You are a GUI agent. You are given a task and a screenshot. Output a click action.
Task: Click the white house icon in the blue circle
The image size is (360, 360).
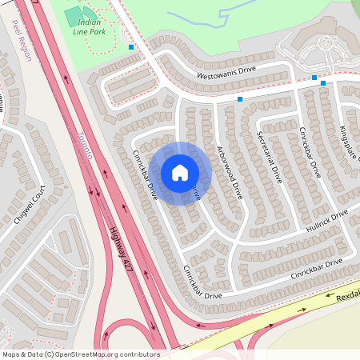180,173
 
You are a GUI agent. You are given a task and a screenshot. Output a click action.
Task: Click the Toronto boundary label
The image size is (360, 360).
86,144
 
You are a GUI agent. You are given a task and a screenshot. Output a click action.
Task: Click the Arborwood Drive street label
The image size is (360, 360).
230,171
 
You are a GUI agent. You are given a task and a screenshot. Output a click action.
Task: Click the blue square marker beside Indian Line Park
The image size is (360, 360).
131,47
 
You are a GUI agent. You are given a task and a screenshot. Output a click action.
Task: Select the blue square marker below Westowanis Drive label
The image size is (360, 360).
240,99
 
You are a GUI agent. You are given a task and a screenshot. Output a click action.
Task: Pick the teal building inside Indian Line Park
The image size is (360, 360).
74,15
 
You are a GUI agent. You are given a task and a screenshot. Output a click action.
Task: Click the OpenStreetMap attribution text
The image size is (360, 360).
81,354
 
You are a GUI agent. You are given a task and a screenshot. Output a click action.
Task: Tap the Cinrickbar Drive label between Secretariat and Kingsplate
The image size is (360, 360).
309,152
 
